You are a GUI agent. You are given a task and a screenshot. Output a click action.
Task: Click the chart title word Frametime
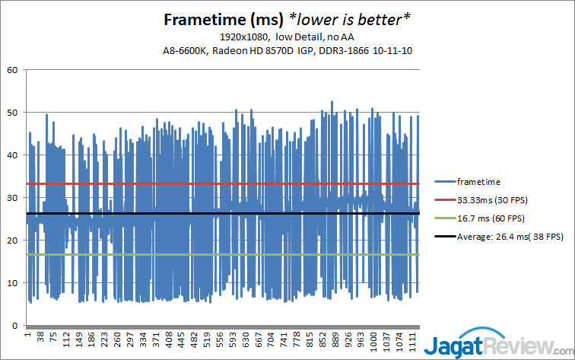click(199, 20)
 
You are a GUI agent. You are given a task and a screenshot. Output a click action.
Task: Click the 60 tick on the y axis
click(11, 70)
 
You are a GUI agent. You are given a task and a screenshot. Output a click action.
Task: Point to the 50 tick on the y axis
click(11, 113)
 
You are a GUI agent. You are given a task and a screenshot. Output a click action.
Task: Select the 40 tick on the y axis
click(11, 155)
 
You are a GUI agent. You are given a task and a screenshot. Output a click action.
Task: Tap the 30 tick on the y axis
click(11, 198)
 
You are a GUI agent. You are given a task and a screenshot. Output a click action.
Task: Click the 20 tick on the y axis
click(11, 241)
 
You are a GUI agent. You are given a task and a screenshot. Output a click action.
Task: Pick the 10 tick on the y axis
click(11, 283)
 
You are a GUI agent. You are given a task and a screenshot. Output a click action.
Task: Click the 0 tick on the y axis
click(14, 326)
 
